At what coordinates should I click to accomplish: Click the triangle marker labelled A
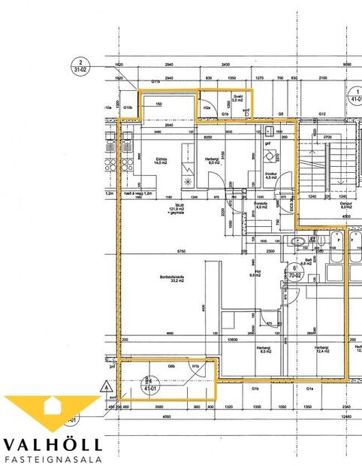coord(101,386)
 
